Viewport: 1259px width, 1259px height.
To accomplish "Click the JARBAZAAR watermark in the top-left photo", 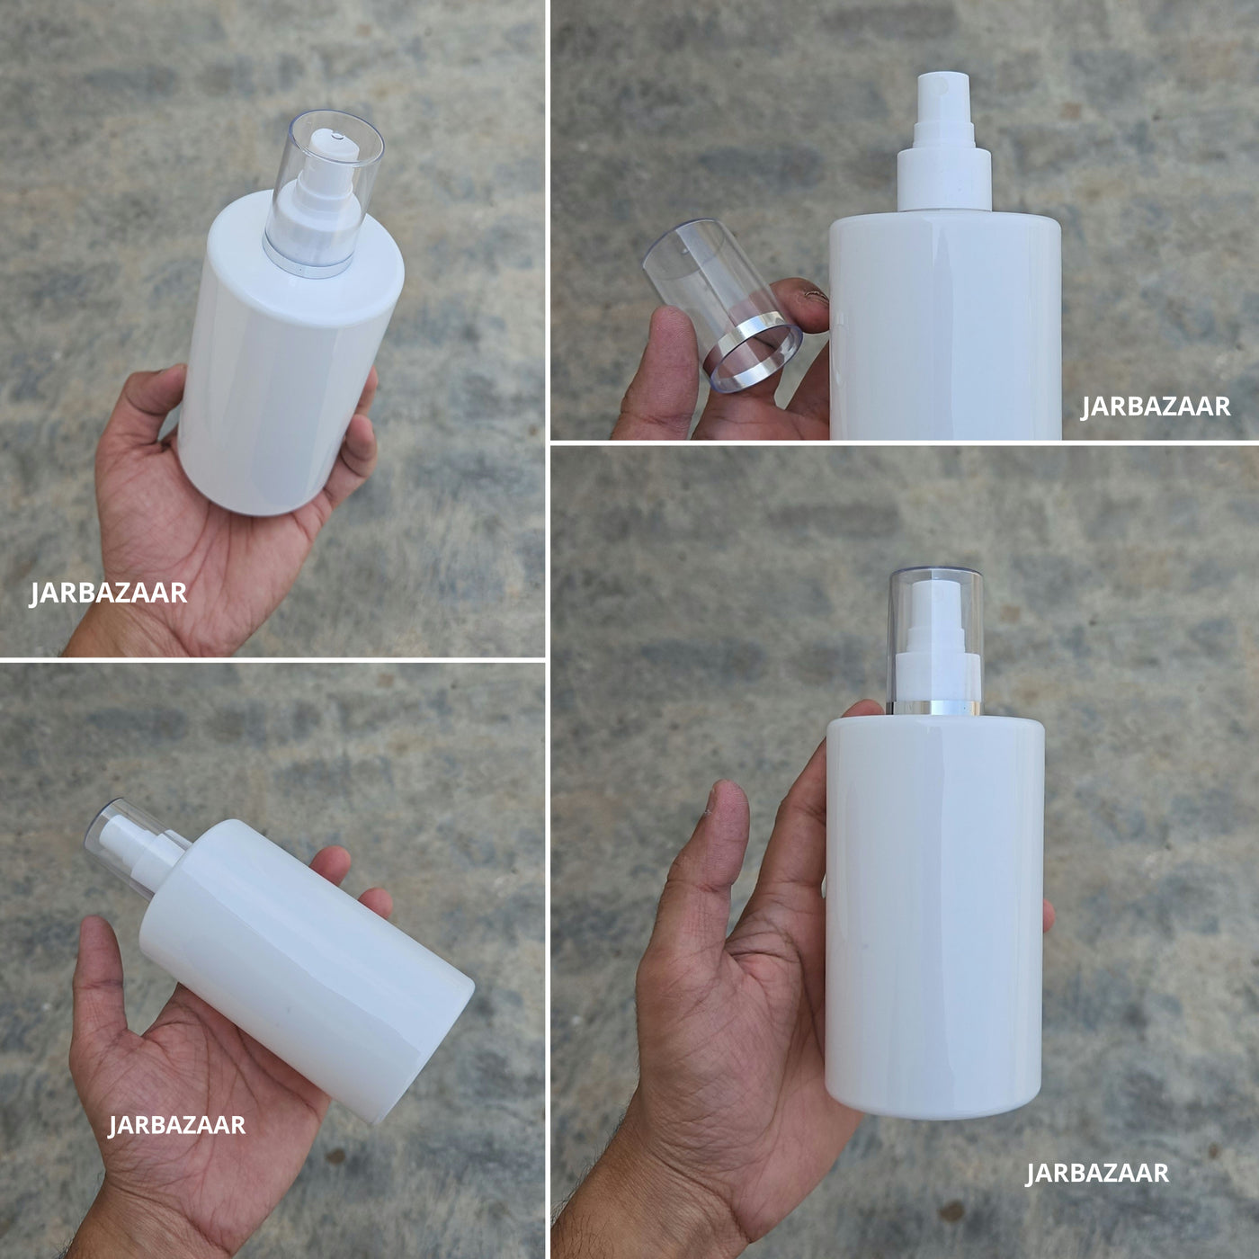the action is pos(109,594).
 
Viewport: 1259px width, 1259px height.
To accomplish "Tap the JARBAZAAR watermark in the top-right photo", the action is pos(1155,406).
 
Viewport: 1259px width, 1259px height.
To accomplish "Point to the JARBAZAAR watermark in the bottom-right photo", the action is pos(1097,1173).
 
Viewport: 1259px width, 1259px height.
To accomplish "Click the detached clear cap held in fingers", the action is pos(722,304).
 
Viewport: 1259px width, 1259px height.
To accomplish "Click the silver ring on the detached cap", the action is pos(753,352).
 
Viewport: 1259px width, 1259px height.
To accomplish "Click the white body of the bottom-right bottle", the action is pos(935,915).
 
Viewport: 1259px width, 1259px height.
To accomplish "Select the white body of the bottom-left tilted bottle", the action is pos(307,967).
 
